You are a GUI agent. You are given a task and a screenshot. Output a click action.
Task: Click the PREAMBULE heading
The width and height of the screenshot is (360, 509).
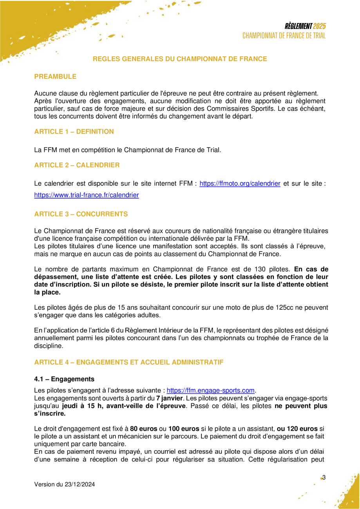click(x=55, y=77)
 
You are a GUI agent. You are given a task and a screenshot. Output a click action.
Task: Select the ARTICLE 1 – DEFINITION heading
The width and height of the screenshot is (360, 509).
click(x=74, y=132)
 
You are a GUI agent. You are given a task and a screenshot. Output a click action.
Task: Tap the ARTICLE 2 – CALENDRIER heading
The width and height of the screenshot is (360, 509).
click(x=77, y=165)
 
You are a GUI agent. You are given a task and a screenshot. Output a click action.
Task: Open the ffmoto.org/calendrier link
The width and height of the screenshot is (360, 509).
click(x=240, y=184)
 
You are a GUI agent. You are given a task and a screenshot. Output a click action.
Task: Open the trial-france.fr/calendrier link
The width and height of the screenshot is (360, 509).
click(x=87, y=195)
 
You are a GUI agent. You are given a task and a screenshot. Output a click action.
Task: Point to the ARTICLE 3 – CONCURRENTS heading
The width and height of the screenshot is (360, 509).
click(x=81, y=214)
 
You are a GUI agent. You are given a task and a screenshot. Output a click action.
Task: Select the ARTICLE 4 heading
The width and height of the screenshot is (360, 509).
click(x=128, y=363)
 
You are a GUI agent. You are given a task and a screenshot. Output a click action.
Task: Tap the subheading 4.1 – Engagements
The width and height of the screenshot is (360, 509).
click(x=64, y=379)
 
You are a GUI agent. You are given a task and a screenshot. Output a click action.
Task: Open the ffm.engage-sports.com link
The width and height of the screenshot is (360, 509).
click(x=211, y=390)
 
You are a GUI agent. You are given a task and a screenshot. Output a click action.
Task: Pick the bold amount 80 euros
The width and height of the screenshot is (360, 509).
click(x=145, y=429)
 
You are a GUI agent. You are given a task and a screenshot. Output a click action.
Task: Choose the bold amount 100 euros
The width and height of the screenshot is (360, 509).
click(x=182, y=429)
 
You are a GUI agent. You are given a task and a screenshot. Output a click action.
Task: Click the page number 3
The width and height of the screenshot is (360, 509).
click(x=324, y=477)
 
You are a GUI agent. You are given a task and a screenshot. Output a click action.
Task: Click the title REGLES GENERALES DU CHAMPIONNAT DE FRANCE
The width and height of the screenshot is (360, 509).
click(x=180, y=59)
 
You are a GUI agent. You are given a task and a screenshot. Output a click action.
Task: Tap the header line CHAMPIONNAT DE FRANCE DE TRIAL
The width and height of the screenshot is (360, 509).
click(x=284, y=36)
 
